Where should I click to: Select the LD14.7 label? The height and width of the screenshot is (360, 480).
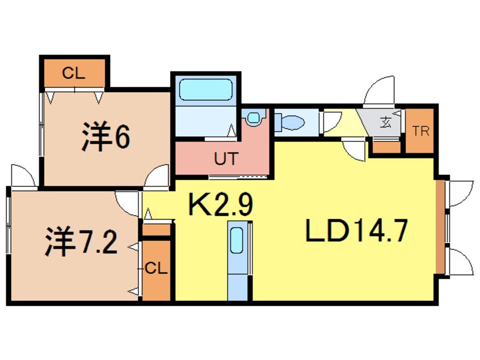(357, 232)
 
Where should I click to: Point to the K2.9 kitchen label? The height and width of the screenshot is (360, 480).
(220, 205)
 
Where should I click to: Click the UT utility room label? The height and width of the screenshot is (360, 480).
(222, 160)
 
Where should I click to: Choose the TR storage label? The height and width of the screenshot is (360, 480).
(421, 132)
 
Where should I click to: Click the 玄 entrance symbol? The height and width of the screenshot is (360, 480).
(385, 122)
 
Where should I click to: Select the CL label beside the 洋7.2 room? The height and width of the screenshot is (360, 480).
(156, 269)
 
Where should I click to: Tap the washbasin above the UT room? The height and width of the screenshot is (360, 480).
(254, 118)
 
